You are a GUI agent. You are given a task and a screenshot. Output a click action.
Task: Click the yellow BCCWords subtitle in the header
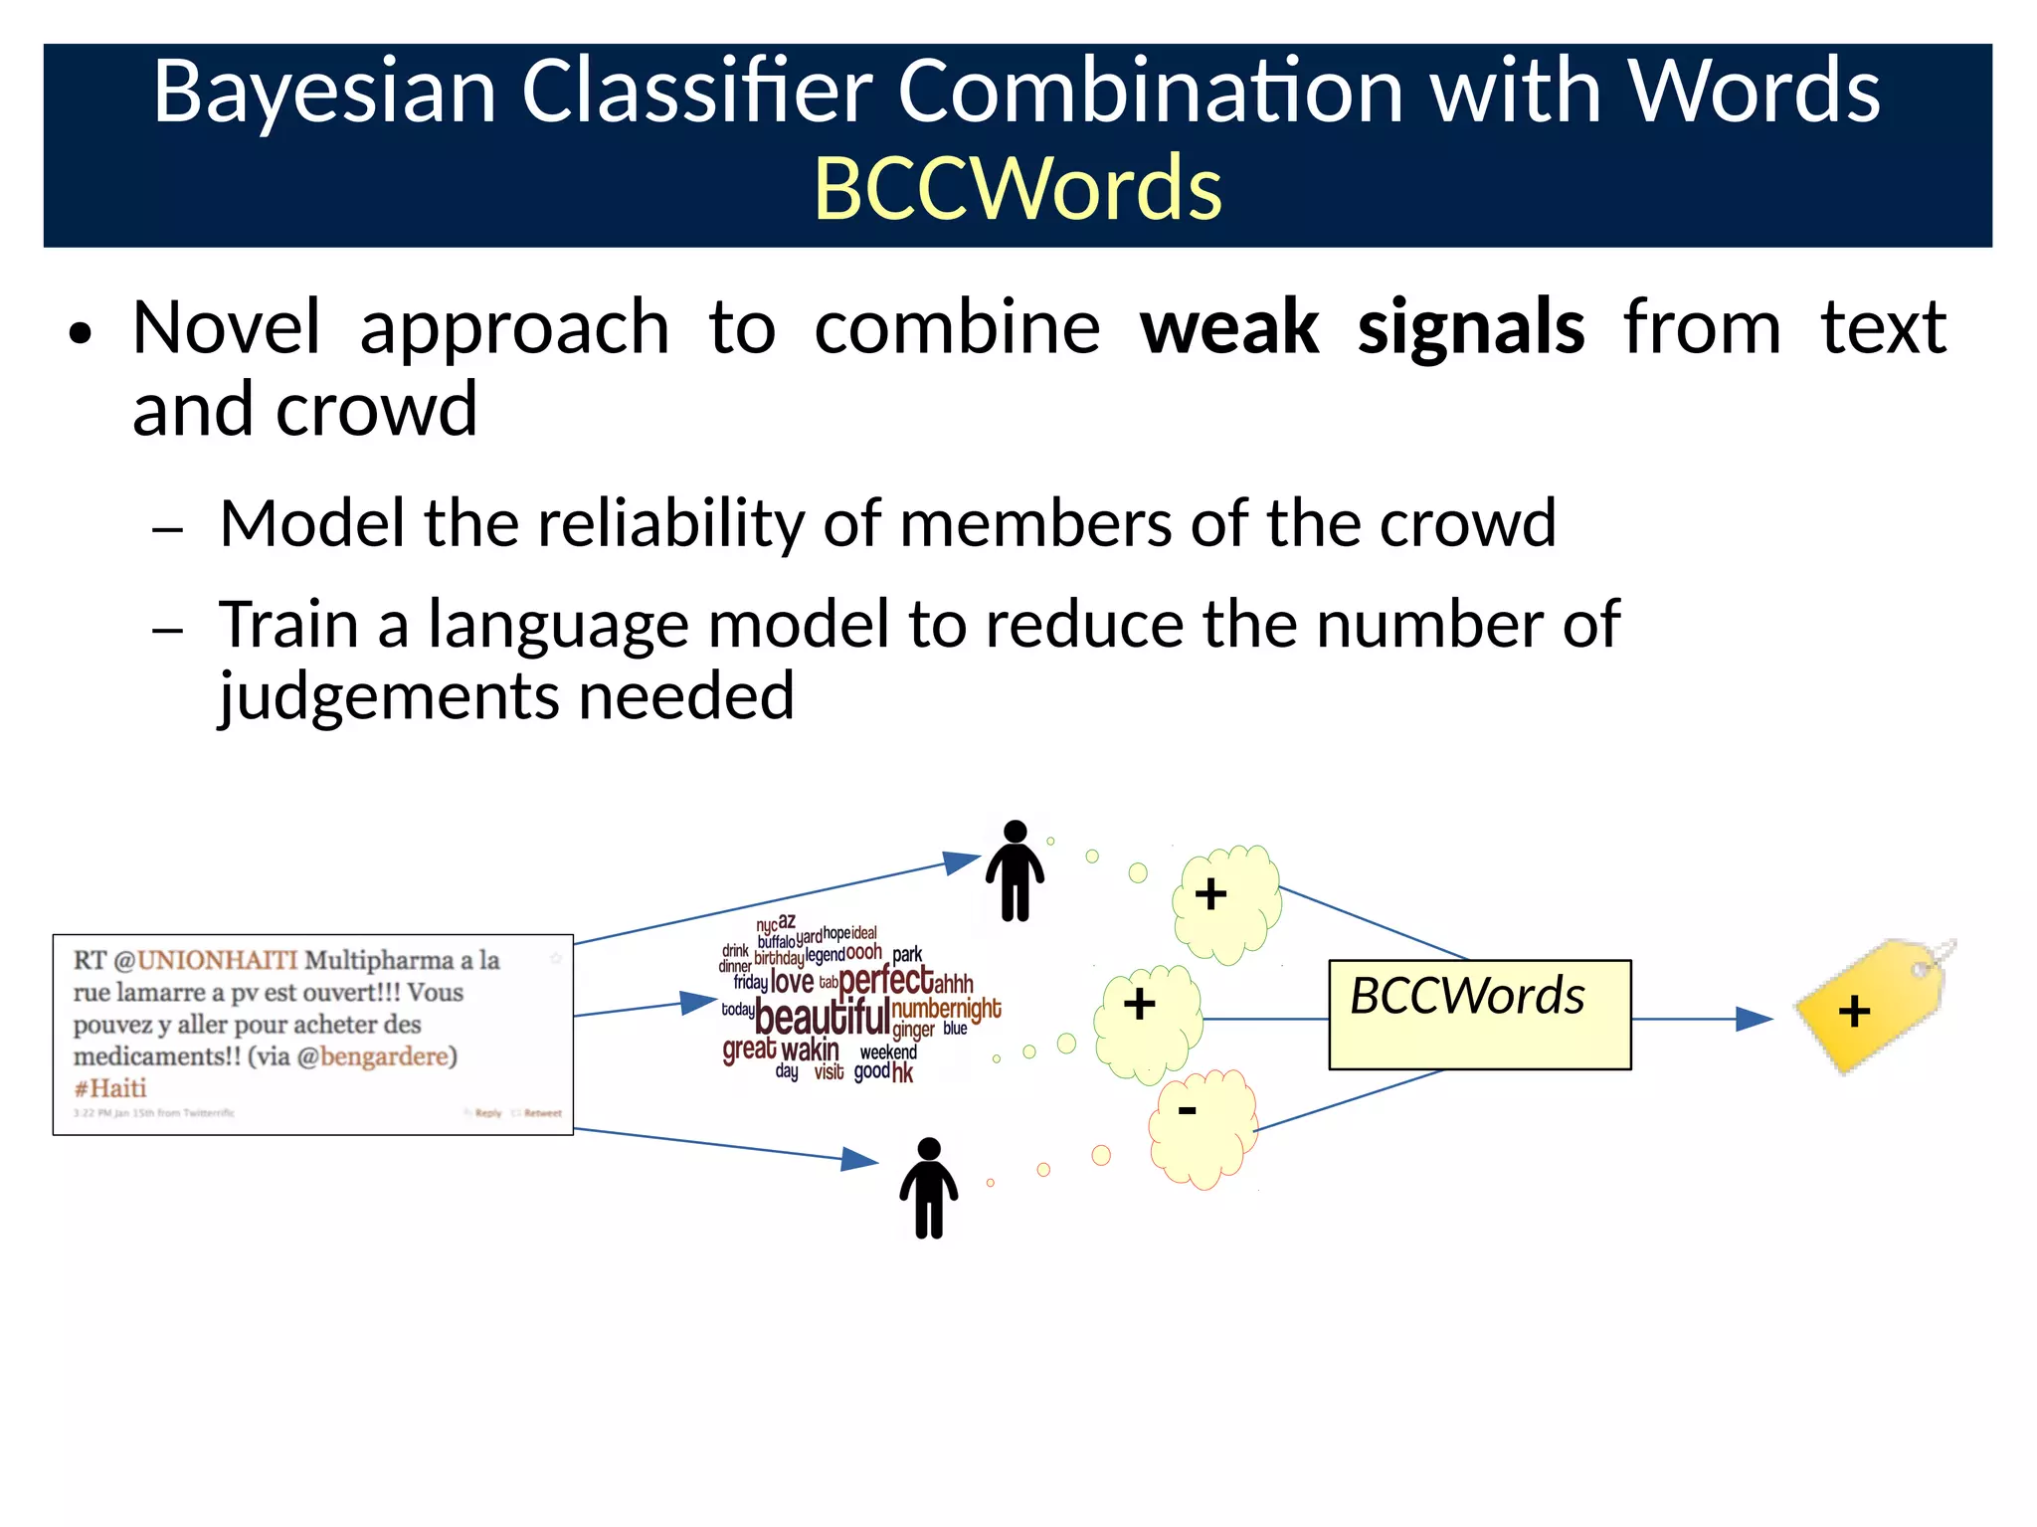pyautogui.click(x=1018, y=189)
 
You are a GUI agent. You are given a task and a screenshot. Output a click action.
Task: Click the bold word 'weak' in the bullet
pyautogui.click(x=1229, y=328)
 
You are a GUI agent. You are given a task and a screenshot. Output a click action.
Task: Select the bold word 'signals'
pyautogui.click(x=1470, y=328)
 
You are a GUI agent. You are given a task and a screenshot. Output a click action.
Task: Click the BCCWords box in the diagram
pyautogui.click(x=1479, y=1015)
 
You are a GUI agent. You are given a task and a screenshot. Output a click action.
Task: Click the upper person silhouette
pyautogui.click(x=1015, y=870)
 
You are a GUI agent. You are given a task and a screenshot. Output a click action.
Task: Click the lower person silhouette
pyautogui.click(x=928, y=1188)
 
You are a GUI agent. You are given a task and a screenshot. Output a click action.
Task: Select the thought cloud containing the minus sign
pyautogui.click(x=1201, y=1128)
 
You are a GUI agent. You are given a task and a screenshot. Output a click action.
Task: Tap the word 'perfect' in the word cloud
pyautogui.click(x=885, y=981)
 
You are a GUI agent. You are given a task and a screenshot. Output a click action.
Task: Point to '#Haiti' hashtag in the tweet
pyautogui.click(x=110, y=1088)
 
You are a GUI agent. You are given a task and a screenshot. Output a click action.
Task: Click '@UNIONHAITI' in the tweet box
pyautogui.click(x=206, y=960)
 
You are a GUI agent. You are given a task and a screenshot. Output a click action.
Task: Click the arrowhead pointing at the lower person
pyautogui.click(x=859, y=1159)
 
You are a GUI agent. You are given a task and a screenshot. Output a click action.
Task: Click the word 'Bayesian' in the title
pyautogui.click(x=324, y=92)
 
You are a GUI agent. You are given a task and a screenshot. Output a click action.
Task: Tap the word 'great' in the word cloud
pyautogui.click(x=749, y=1050)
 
